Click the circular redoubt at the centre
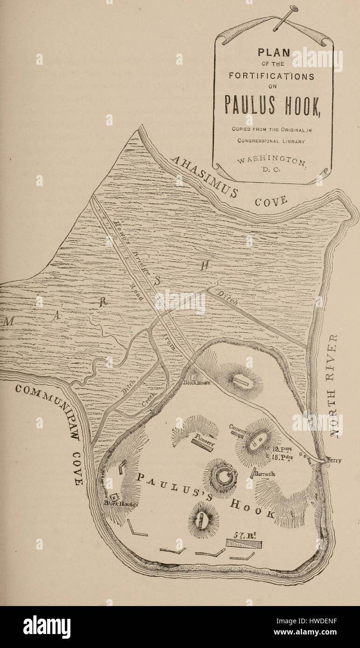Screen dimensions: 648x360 (221, 476)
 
